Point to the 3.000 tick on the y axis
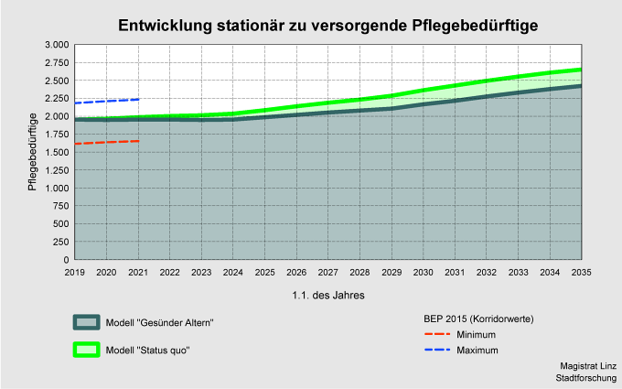(x=56, y=45)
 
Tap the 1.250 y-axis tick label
(x=56, y=170)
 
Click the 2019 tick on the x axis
(x=74, y=273)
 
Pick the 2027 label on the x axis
(x=327, y=273)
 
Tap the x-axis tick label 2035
(x=581, y=273)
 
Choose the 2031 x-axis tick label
(x=455, y=273)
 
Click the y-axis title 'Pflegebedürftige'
(x=32, y=151)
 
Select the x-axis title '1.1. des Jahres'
(x=327, y=296)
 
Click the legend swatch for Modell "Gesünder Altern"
(x=87, y=322)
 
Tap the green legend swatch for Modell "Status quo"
(x=87, y=350)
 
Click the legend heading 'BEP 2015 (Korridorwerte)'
(x=478, y=319)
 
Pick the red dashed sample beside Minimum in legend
(x=438, y=335)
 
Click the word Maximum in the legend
(x=477, y=350)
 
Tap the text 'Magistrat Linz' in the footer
(x=587, y=365)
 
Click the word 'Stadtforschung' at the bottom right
(x=585, y=377)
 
